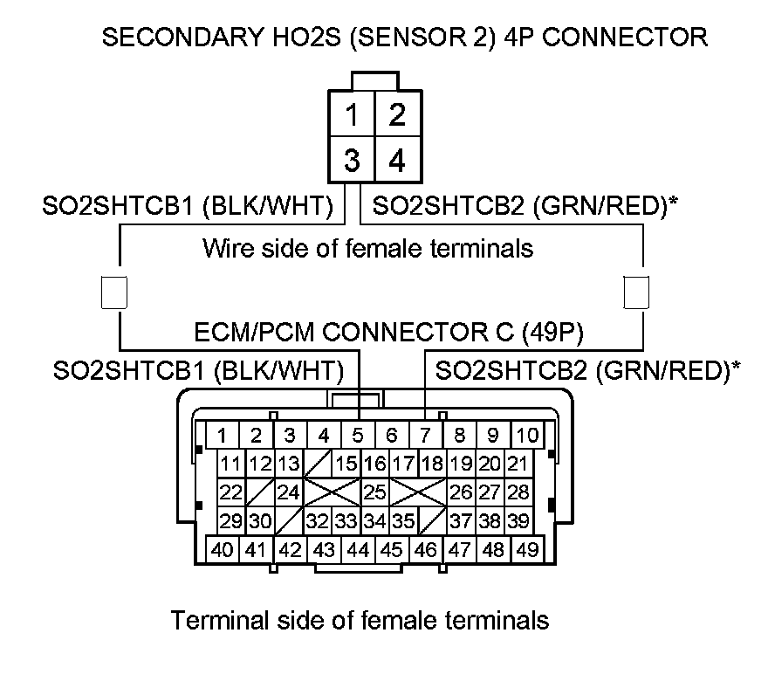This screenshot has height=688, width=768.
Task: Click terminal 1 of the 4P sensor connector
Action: [352, 115]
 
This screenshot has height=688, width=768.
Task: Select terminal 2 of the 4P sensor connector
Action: [396, 115]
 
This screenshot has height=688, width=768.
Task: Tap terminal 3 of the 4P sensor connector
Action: [352, 161]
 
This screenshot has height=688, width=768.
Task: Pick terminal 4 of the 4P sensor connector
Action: [396, 161]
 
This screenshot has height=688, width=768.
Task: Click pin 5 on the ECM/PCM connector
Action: [358, 435]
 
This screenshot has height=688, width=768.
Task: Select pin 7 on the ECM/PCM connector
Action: [425, 435]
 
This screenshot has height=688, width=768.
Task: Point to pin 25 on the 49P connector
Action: [374, 492]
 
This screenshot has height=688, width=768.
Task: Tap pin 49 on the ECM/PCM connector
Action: [526, 550]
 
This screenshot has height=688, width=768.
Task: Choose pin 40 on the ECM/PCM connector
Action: [223, 550]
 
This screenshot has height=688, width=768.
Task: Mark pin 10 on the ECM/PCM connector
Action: [526, 435]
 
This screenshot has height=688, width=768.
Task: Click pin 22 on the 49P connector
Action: [230, 492]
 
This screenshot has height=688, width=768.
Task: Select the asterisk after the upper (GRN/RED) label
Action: [675, 203]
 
